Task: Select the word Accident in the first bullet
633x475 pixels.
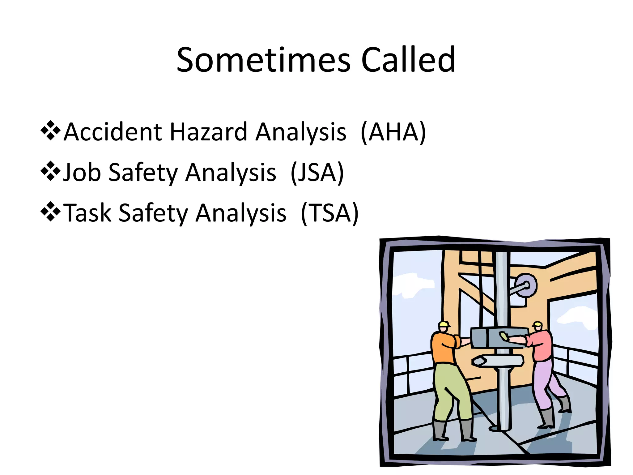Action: tap(113, 132)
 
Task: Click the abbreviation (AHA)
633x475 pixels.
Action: tap(393, 132)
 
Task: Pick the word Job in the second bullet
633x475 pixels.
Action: tap(82, 173)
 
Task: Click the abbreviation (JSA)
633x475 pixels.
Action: tap(317, 173)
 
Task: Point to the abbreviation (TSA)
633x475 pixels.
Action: tap(329, 213)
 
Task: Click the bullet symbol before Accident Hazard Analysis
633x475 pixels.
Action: tap(50, 131)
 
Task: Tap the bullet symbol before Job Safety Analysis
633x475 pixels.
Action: tap(50, 171)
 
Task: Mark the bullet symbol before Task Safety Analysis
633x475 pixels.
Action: tap(50, 212)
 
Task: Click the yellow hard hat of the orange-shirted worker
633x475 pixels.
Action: tap(444, 324)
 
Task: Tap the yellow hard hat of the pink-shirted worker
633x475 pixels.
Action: tap(537, 324)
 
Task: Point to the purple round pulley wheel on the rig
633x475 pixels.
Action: tap(526, 285)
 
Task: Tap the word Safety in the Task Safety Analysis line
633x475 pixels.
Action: tap(153, 213)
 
